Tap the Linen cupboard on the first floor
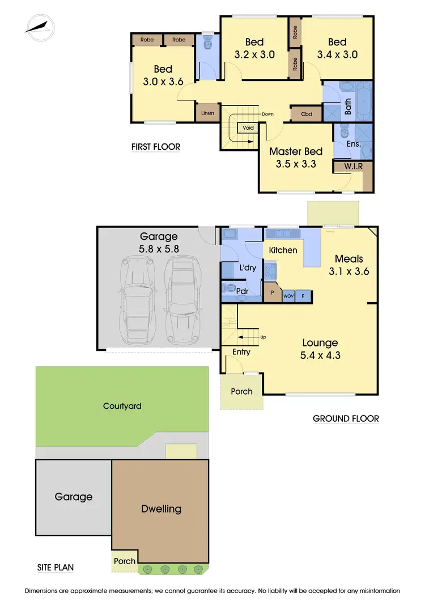(208, 113)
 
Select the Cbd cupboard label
(307, 114)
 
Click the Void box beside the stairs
(248, 128)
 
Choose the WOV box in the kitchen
(288, 295)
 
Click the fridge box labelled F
(303, 295)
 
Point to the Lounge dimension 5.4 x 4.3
(320, 357)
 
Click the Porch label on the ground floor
(242, 391)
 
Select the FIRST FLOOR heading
(156, 147)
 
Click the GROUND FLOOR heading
(346, 419)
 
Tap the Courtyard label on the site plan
(122, 406)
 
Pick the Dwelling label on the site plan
(161, 509)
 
